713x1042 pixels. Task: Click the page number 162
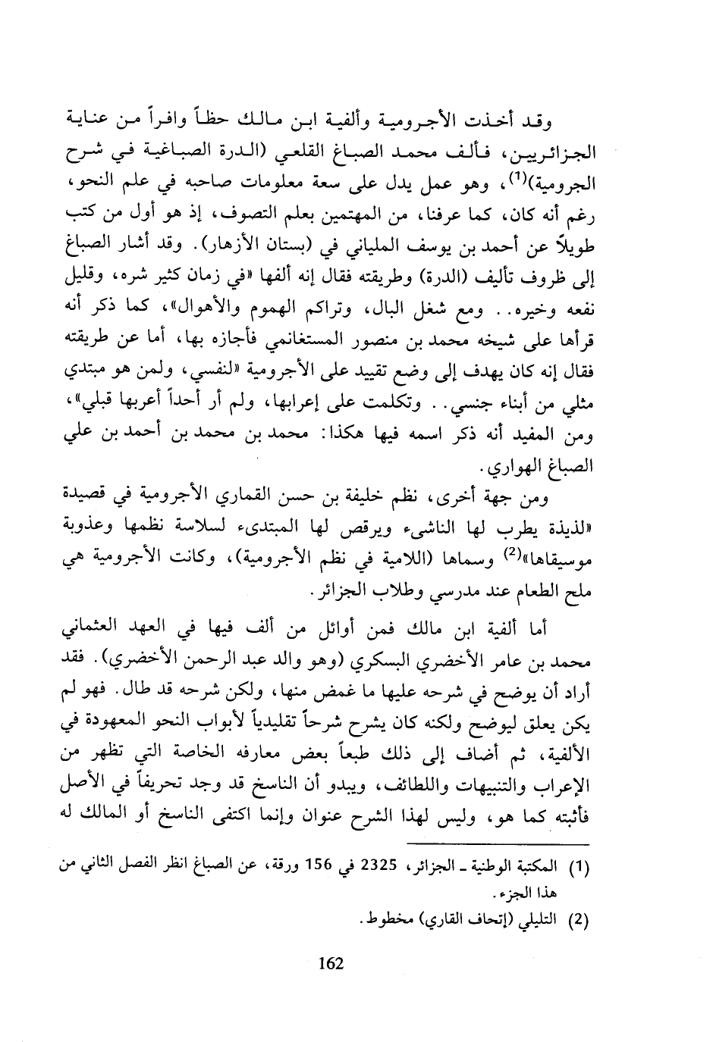coord(331,964)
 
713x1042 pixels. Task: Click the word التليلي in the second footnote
coord(539,922)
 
